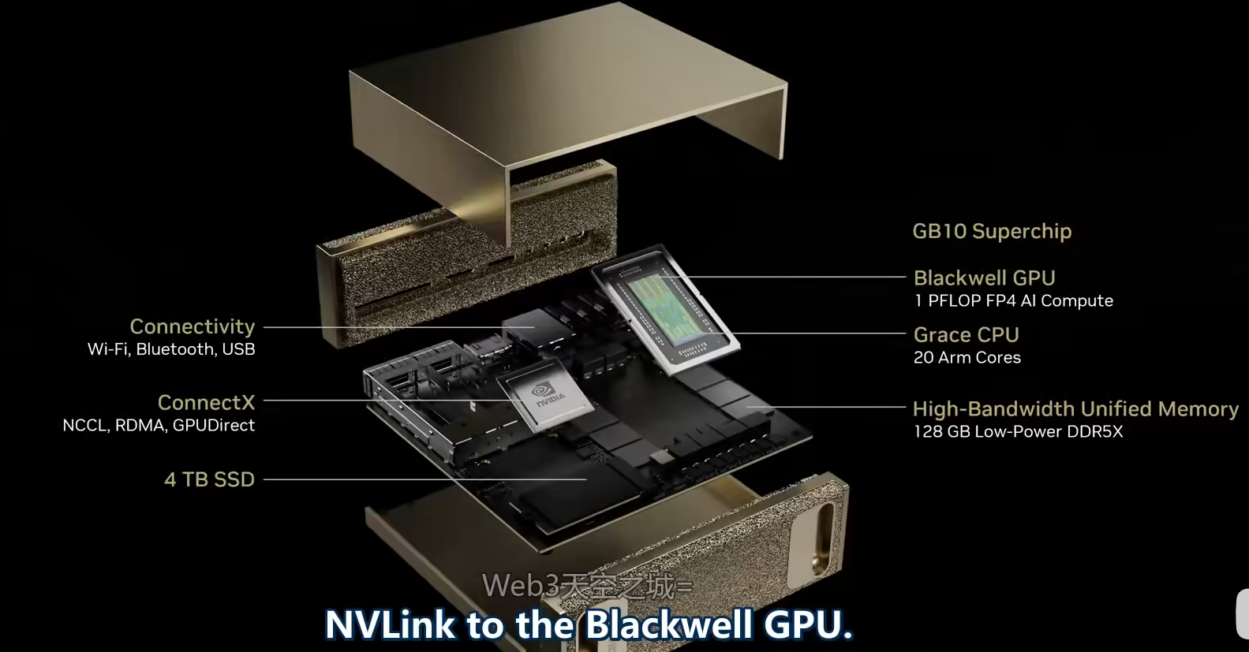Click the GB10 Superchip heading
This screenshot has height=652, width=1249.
tap(992, 231)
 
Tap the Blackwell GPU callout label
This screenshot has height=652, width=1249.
tap(985, 278)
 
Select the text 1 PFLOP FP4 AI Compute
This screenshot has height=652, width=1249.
tap(1014, 301)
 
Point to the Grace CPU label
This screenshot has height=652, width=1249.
tap(967, 334)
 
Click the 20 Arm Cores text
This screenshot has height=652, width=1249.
tap(967, 357)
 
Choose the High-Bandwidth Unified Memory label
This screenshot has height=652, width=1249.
tap(1075, 408)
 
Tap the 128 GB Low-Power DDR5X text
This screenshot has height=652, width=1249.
tap(1018, 431)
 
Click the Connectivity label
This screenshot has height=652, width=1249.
tap(193, 326)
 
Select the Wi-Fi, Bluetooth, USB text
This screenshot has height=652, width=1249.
tap(171, 348)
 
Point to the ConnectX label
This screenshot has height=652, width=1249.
tap(206, 402)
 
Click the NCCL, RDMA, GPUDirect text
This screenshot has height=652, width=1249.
tap(159, 425)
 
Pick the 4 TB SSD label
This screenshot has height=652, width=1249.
tap(210, 479)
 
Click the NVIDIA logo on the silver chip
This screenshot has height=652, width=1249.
tap(547, 395)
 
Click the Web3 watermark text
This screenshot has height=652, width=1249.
tap(587, 587)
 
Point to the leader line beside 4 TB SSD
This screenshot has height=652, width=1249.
tap(425, 479)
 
